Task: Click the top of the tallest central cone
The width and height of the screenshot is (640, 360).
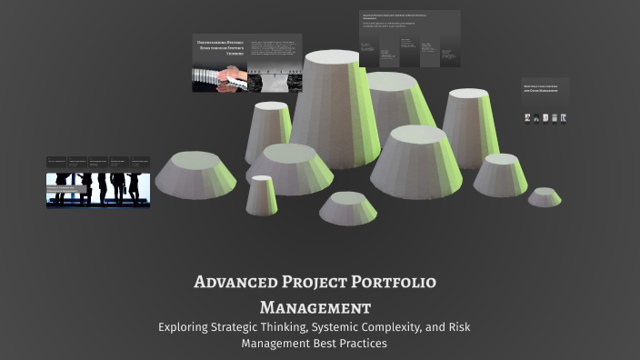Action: (332, 57)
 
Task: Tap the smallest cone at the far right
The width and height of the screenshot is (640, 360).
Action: (545, 196)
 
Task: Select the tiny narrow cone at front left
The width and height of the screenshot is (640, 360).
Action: (262, 195)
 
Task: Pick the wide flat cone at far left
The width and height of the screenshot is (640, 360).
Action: (195, 175)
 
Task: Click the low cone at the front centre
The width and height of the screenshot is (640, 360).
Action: (347, 208)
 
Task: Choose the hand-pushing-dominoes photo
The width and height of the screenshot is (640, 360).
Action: (219, 80)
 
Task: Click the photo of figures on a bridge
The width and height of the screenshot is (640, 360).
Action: (275, 80)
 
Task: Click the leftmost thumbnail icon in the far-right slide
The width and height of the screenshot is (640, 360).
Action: (527, 117)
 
